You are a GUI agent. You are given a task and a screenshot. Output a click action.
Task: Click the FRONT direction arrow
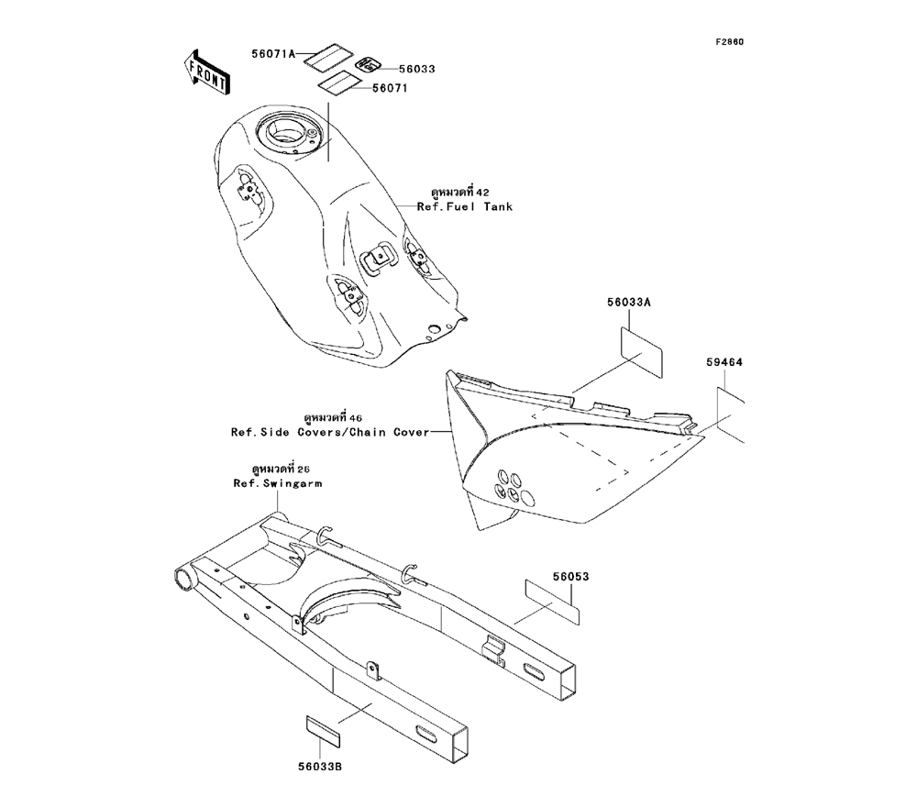[x=206, y=72]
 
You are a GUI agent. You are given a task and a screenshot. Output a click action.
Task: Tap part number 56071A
[x=273, y=54]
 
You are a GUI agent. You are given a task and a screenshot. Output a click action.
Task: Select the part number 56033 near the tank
[x=416, y=69]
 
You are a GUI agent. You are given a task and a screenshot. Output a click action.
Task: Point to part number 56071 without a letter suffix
[x=390, y=89]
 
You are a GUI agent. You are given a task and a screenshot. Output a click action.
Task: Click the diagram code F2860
[x=731, y=42]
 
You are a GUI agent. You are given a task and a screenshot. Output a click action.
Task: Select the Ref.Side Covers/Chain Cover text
[x=329, y=431]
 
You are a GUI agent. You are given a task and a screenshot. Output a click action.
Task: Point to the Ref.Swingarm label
[x=277, y=482]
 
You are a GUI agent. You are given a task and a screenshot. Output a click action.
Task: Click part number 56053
[x=569, y=577]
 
